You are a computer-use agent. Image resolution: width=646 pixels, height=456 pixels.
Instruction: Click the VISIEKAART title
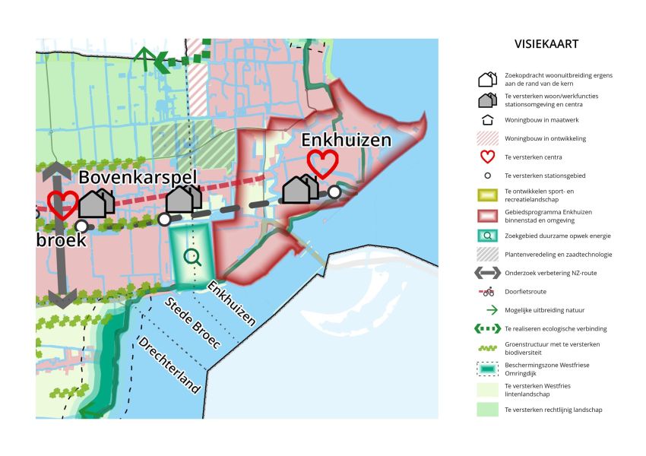(546, 44)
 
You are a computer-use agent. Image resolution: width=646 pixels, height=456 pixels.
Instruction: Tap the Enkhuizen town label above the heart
(346, 140)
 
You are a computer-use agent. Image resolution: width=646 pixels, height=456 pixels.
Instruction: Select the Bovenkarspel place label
(138, 179)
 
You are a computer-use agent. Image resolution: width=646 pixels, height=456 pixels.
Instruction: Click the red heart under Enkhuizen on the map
(322, 163)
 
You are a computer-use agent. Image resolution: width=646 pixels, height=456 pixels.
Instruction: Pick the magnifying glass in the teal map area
(193, 258)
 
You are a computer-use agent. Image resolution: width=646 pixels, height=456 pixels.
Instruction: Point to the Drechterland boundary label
(169, 365)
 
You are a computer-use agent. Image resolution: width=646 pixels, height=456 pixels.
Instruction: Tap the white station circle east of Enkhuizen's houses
(334, 192)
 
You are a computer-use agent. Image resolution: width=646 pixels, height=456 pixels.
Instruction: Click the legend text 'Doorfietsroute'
(525, 291)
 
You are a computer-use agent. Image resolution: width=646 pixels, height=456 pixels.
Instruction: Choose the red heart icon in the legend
(487, 157)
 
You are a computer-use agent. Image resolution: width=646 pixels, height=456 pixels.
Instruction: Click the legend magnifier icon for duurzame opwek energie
(487, 235)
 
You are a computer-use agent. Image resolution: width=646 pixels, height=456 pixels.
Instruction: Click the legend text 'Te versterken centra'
(534, 157)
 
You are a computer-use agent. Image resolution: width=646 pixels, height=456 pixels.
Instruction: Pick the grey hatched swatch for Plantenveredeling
(487, 255)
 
